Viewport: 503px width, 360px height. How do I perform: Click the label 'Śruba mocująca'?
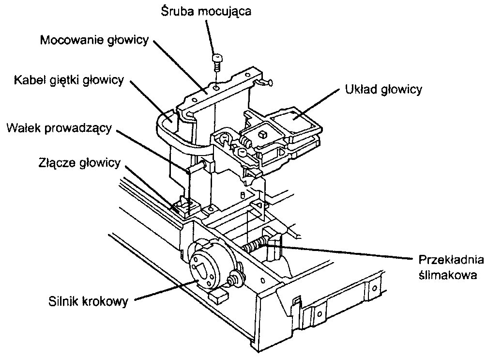tap(206, 11)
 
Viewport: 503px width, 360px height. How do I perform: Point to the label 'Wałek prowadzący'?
tap(60, 128)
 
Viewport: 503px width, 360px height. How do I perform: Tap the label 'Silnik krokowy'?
tap(88, 301)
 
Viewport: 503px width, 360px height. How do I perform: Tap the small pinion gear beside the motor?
tap(236, 279)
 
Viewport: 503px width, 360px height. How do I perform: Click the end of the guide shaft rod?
tap(189, 170)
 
